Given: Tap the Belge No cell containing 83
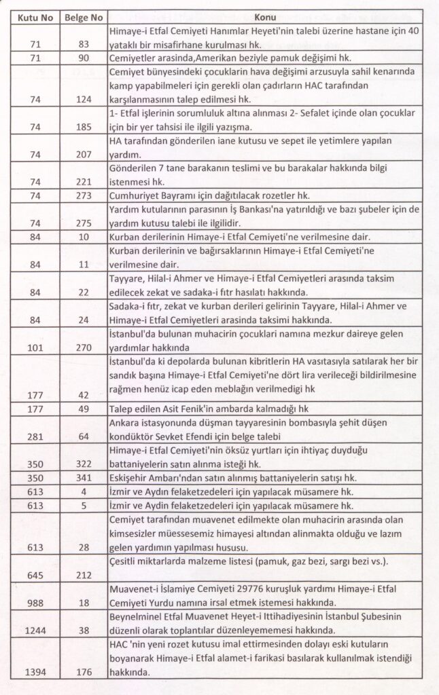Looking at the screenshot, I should click(84, 43).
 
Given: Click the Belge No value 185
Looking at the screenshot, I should click(84, 126).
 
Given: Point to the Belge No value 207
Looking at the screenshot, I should click(84, 154).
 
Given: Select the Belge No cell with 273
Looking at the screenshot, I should click(84, 195).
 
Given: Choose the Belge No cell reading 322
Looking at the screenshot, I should click(84, 464).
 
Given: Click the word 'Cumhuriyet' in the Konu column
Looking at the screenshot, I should click(133, 195).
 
